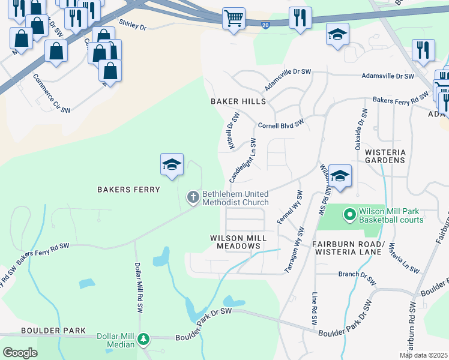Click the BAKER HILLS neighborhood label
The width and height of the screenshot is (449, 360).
[238, 102]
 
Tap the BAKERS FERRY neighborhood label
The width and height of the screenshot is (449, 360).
[129, 190]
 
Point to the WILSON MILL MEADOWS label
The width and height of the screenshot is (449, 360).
[238, 242]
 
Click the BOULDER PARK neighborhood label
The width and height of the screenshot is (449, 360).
[45, 331]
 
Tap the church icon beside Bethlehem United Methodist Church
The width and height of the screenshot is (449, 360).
[193, 197]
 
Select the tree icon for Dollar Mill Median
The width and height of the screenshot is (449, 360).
[143, 340]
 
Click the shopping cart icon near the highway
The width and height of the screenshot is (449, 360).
[234, 18]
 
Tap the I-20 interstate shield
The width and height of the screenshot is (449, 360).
[265, 23]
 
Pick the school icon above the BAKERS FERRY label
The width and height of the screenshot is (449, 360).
[171, 165]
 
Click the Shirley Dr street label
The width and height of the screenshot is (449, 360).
[133, 25]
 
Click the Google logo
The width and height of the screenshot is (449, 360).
[20, 353]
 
